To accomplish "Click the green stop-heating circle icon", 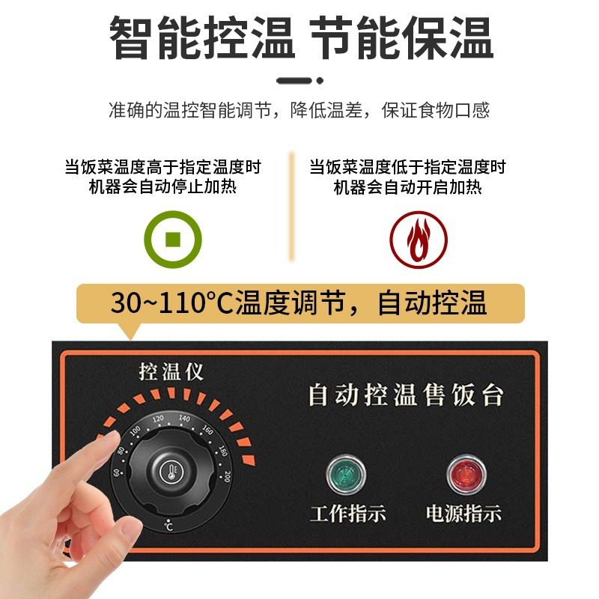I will click(173, 240).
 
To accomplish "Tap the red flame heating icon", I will click(418, 240).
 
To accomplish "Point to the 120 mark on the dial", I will click(159, 419).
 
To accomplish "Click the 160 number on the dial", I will click(207, 432).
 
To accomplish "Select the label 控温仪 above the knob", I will click(171, 371).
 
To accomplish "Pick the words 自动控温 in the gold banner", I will click(432, 303).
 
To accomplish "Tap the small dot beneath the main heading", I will click(320, 80).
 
